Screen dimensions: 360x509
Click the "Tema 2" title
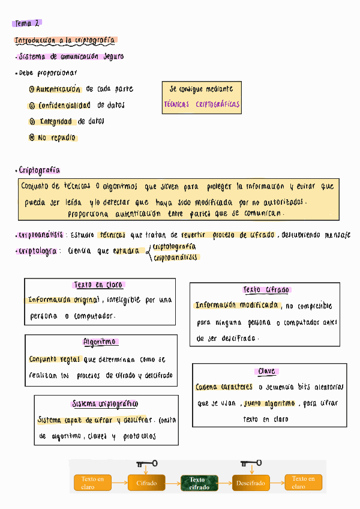click(26, 23)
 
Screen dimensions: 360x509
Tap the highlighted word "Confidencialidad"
click(64, 106)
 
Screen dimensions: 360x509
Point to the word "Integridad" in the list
click(57, 122)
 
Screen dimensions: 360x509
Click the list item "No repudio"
click(56, 138)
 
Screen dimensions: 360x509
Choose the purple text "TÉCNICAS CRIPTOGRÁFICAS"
click(202, 104)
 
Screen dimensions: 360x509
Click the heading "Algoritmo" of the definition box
click(100, 342)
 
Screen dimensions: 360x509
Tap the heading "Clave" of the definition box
click(266, 372)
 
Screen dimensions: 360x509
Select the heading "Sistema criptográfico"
click(105, 404)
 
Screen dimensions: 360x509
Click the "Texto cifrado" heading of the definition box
click(266, 290)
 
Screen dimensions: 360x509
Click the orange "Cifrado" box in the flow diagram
click(146, 483)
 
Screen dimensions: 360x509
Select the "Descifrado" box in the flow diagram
click(250, 483)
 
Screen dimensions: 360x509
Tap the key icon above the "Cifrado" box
click(147, 463)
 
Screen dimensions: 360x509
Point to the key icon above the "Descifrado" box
click(251, 463)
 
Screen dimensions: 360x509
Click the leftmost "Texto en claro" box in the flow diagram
click(92, 483)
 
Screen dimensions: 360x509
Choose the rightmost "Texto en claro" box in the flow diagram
click(303, 483)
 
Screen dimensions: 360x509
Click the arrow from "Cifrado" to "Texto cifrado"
click(173, 483)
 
